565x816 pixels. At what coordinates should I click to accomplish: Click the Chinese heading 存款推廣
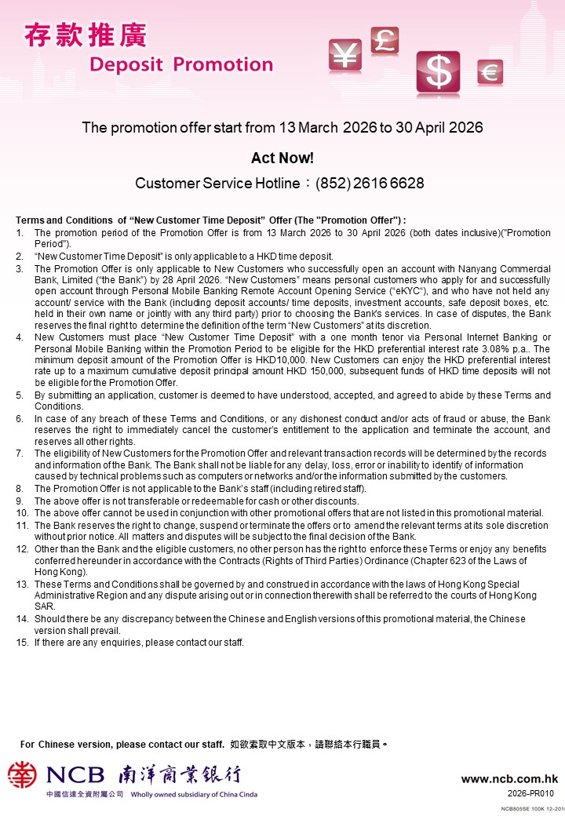click(x=86, y=36)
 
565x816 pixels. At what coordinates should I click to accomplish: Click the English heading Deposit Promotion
click(x=181, y=64)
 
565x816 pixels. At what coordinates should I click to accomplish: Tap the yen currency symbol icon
click(x=344, y=55)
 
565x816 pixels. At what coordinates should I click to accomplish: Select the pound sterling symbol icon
click(x=385, y=39)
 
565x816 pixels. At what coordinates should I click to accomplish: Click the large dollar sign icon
click(x=438, y=73)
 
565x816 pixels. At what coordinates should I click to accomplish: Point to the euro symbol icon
click(x=490, y=73)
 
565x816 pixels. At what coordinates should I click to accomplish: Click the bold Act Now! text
click(x=282, y=158)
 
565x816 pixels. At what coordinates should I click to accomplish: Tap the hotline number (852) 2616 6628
click(x=370, y=184)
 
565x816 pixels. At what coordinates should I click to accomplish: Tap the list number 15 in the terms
click(x=22, y=643)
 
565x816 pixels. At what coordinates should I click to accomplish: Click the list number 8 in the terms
click(x=20, y=489)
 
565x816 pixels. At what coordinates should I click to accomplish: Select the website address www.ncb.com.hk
click(x=509, y=779)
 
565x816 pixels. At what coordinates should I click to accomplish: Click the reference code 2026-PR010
click(x=531, y=793)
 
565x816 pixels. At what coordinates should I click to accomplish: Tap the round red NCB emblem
click(x=22, y=775)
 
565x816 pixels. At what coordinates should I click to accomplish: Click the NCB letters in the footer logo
click(x=75, y=775)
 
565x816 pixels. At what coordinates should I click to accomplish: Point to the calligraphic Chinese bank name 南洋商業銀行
click(x=180, y=775)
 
